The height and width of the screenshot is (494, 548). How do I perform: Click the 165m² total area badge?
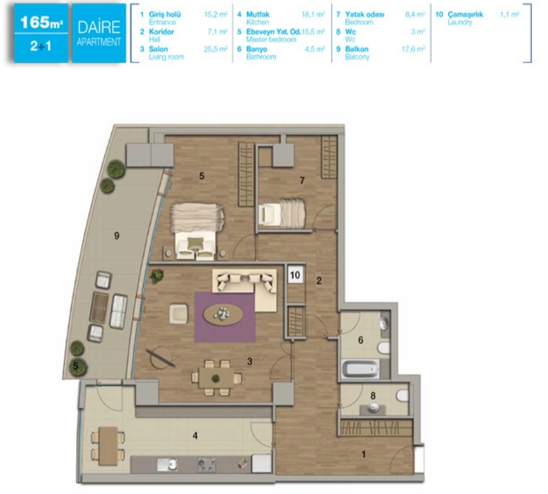coord(41,23)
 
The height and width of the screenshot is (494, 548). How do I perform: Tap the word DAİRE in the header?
coord(99,27)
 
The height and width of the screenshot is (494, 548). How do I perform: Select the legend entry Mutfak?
coord(258,14)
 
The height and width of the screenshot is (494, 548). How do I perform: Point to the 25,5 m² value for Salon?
coord(215,49)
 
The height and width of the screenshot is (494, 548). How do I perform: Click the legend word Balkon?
coord(357,49)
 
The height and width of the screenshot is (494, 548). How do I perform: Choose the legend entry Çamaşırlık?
coord(465,14)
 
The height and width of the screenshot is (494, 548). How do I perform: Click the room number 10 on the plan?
coord(295,275)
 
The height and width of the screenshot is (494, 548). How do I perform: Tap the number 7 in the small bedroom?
coord(302,181)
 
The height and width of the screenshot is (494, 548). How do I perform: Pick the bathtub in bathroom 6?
coord(360,369)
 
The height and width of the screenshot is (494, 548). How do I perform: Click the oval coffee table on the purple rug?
coord(223,314)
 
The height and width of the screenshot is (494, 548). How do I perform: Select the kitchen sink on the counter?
coord(167,464)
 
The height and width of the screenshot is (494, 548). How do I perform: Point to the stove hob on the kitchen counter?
coord(207,464)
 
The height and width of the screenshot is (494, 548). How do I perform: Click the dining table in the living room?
coord(215,378)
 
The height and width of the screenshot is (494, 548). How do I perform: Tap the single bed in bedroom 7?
coord(281,213)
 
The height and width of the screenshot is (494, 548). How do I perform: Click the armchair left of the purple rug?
coord(178,313)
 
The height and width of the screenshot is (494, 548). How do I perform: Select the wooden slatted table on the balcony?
coord(99,308)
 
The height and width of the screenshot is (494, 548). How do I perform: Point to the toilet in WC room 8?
coord(402,395)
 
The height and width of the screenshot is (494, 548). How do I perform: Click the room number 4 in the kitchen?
coord(195,435)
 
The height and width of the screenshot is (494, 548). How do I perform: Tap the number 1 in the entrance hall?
coord(364,454)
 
